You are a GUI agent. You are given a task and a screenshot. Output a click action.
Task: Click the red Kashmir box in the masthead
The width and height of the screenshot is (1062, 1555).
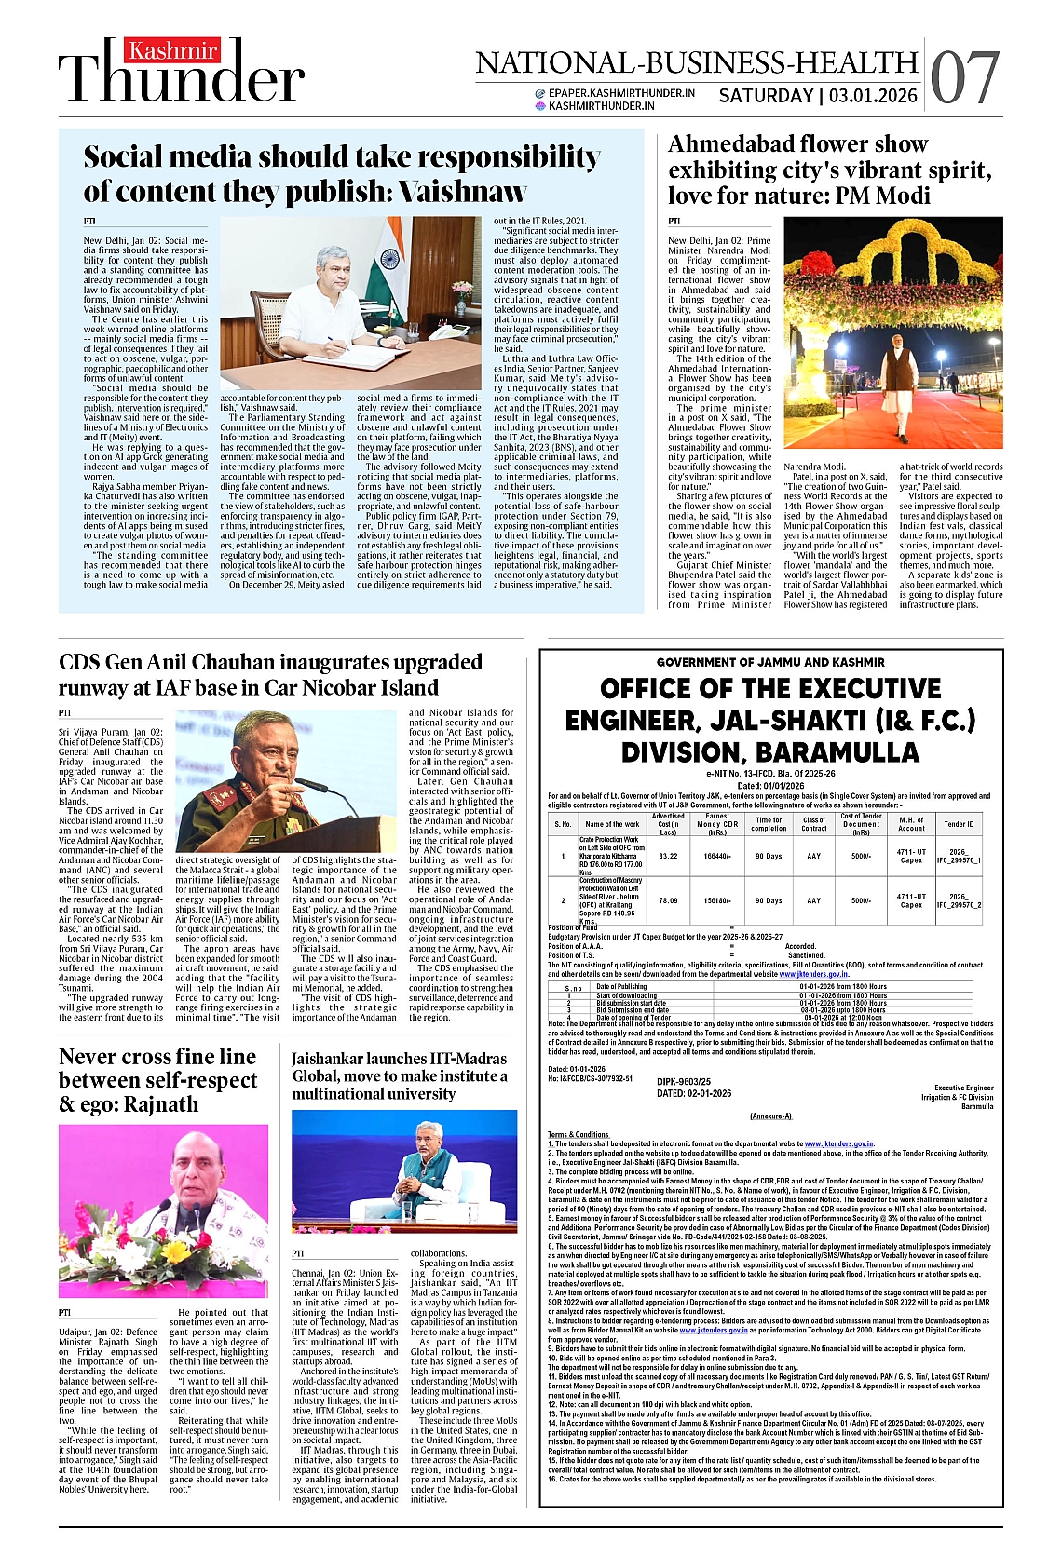[173, 50]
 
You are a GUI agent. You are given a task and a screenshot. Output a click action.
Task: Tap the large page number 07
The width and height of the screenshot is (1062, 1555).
[964, 78]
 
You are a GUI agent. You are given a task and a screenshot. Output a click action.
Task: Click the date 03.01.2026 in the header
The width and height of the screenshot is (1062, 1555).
[873, 96]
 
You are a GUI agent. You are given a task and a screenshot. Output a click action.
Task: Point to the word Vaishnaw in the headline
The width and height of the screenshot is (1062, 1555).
[463, 192]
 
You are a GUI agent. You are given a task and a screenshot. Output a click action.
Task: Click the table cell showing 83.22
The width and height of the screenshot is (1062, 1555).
[668, 856]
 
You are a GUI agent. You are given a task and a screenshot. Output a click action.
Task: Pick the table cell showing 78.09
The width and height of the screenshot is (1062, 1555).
[668, 900]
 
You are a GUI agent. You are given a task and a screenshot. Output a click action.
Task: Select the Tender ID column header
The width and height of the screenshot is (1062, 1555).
[959, 824]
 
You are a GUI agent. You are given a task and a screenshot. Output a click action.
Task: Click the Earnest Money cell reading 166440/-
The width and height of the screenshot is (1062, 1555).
[716, 856]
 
